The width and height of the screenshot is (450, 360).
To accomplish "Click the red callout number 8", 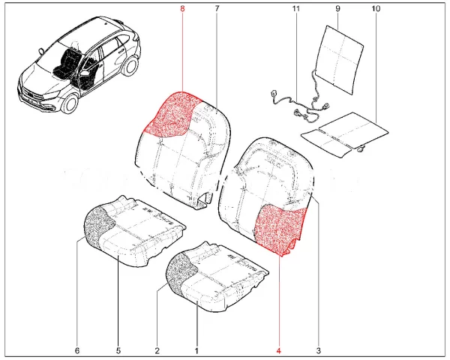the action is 182,8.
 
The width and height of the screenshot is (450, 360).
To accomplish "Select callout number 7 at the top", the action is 217,8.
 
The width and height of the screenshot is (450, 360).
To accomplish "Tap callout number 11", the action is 296,8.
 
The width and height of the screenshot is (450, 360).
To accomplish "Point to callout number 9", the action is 337,8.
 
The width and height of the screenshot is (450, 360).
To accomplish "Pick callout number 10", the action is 376,8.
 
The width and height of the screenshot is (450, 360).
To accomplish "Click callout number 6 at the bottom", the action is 77,350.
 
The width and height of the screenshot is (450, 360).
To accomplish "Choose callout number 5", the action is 118,350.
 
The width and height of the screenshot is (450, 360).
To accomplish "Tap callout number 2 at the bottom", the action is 157,350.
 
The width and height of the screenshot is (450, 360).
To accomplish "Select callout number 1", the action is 196,350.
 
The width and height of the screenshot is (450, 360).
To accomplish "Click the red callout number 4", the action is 279,350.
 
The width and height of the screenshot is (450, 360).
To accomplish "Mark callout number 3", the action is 319,350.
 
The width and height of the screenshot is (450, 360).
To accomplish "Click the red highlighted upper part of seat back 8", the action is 172,115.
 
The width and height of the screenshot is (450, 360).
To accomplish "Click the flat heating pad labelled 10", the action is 344,134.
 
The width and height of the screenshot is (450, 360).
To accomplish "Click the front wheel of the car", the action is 70,104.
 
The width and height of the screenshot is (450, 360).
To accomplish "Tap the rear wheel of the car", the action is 130,66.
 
